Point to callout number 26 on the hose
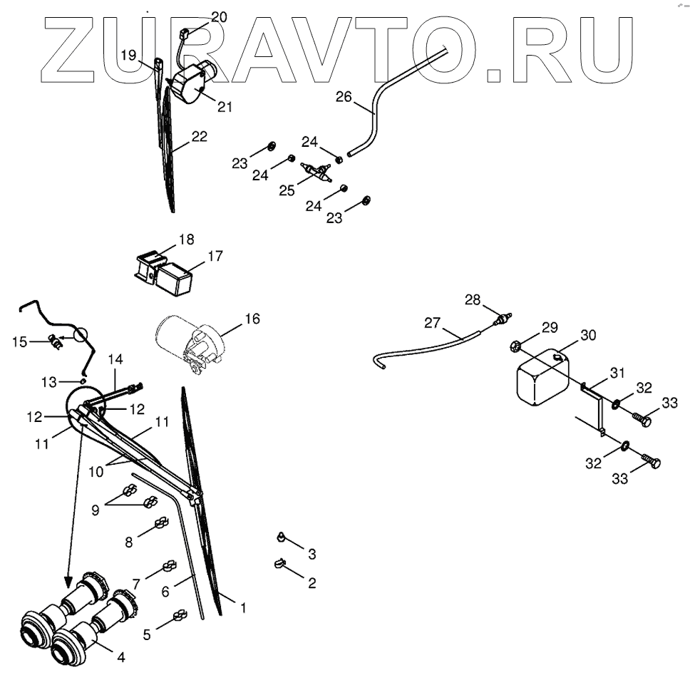pyautogui.click(x=344, y=96)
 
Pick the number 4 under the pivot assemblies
pyautogui.click(x=121, y=657)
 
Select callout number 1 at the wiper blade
pyautogui.click(x=243, y=608)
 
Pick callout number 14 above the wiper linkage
pyautogui.click(x=115, y=360)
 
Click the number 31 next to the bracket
pyautogui.click(x=617, y=374)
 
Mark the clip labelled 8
pyautogui.click(x=162, y=529)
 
